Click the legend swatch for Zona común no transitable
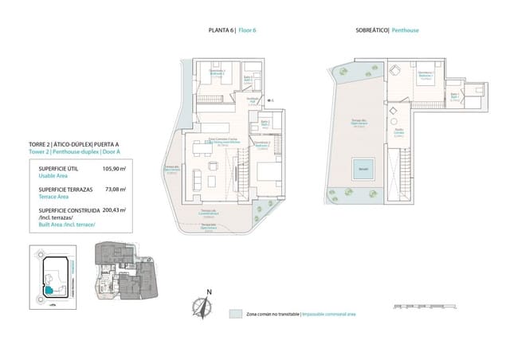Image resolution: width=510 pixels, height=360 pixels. pos(235,314)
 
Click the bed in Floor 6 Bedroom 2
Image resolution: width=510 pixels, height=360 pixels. pos(262,169)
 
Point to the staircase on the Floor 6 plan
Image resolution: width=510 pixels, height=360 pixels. pos(237,166)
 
